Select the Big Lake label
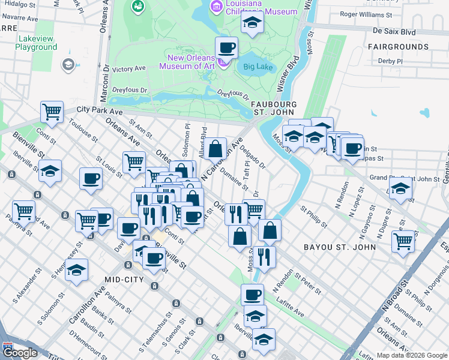256,67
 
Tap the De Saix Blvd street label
394,31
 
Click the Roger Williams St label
366,14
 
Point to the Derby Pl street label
390,61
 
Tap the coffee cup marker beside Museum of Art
226,48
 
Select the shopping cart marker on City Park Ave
52,112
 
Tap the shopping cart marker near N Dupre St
403,241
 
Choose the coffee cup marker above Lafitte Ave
252,295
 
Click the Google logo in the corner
20,353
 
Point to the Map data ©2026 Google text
411,355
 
